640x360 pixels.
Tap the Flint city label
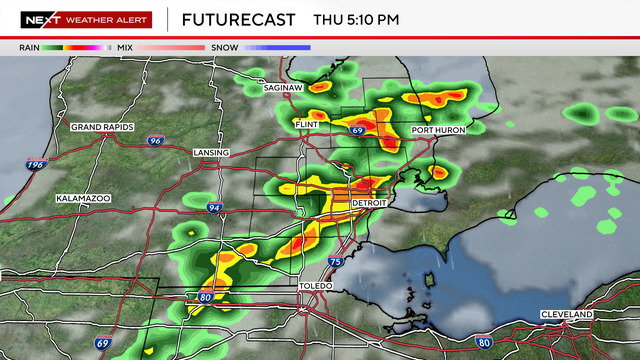click(x=306, y=124)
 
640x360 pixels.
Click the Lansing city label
click(x=211, y=152)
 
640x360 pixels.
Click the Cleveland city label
click(x=566, y=314)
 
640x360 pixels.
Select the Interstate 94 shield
click(x=215, y=207)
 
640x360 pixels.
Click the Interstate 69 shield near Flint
click(x=357, y=130)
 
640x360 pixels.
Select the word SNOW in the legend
click(x=224, y=47)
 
